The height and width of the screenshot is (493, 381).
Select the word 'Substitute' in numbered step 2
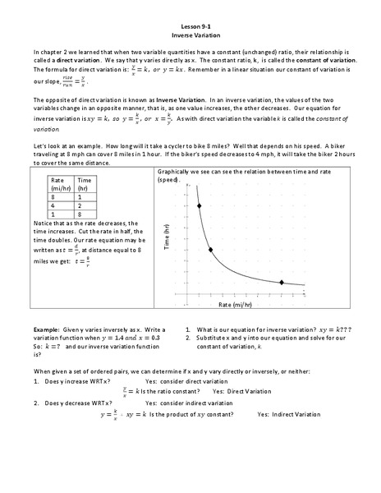pos(213,334)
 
